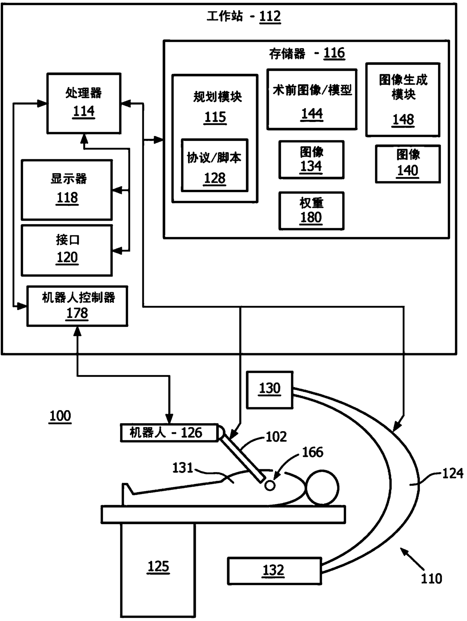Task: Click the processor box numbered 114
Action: pos(84,103)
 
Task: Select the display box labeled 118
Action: pos(67,190)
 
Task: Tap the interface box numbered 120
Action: pos(67,250)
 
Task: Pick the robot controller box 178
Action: pos(77,306)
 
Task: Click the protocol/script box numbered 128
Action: pos(215,165)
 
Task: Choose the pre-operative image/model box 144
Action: pos(312,99)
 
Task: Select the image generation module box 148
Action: pos(403,100)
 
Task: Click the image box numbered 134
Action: pos(311,160)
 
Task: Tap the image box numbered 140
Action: pos(408,164)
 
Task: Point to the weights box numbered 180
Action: pos(311,211)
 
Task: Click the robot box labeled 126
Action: pos(169,433)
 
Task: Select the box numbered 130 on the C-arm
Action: pos(270,390)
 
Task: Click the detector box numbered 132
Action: pos(275,571)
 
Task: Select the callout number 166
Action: pos(313,452)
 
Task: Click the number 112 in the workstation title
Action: pos(270,17)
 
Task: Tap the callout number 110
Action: pos(431,578)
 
